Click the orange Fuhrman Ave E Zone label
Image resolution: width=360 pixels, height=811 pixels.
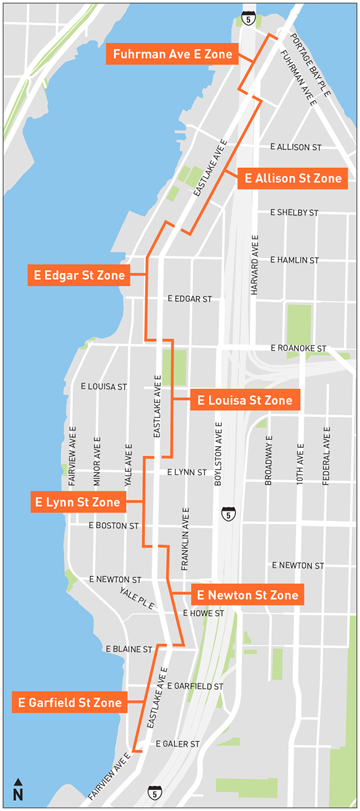[x=172, y=54]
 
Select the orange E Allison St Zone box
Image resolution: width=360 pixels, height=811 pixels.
[x=293, y=178]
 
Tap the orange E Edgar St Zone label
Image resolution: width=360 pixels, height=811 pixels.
[x=79, y=276]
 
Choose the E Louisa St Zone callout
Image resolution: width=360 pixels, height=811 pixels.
[x=245, y=400]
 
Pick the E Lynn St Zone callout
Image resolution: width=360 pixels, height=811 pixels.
[x=78, y=502]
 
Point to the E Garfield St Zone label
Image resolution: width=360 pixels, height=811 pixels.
[x=70, y=702]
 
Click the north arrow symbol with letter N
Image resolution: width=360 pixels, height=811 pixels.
[x=18, y=790]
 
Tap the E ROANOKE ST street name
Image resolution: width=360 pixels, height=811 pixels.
[x=298, y=348]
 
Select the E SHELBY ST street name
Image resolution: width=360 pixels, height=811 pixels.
[x=294, y=213]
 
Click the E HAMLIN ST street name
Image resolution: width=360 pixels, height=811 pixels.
[x=294, y=260]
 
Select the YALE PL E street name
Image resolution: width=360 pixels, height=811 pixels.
[x=137, y=598]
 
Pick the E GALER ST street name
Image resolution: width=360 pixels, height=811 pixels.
[x=178, y=744]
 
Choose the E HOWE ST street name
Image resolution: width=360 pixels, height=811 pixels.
[x=203, y=613]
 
